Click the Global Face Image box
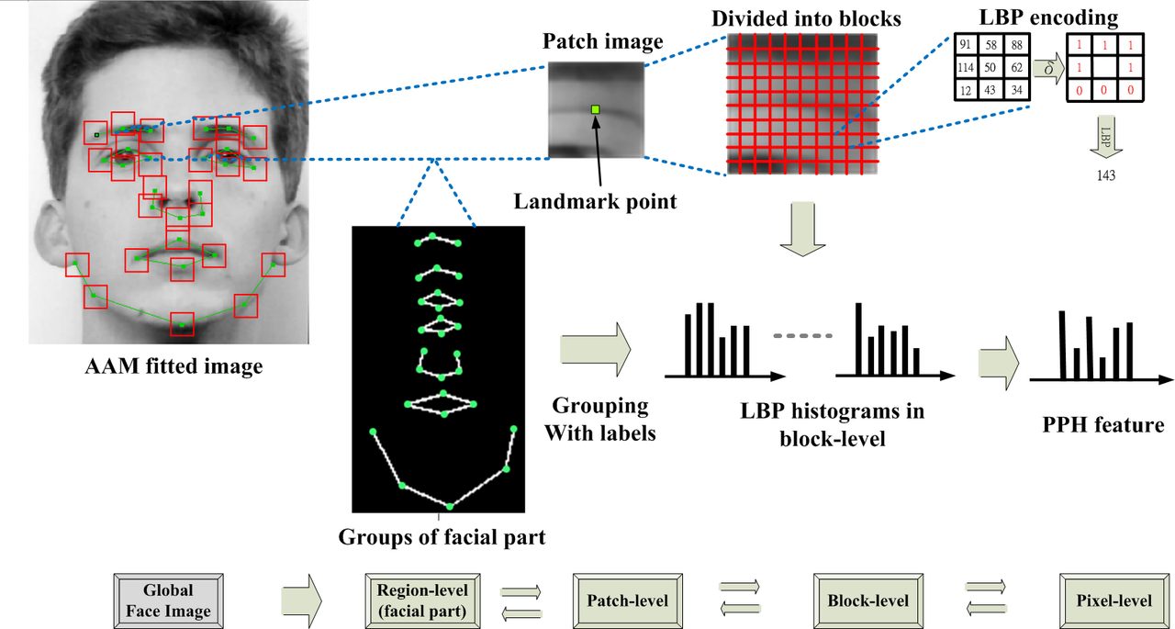pos(168,601)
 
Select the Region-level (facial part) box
pos(421,601)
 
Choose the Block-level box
pos(867,601)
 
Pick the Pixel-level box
pos(1113,601)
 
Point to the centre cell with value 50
pos(990,67)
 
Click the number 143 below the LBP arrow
pos(1105,175)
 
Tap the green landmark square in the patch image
pos(595,110)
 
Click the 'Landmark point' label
pos(595,202)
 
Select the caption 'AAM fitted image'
pos(173,366)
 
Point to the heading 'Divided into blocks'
pos(805,17)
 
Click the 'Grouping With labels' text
pos(600,419)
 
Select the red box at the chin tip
pos(182,324)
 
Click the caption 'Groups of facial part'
pos(442,537)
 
